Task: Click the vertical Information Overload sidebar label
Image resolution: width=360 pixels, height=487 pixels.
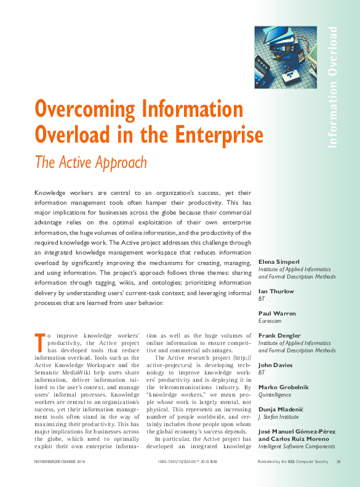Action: coord(333,87)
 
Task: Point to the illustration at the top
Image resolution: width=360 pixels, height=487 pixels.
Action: coord(286,57)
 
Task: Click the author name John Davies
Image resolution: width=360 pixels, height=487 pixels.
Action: coord(276,365)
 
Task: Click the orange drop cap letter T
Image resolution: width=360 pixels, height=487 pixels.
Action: coord(39,339)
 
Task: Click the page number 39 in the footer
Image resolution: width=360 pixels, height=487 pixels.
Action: coord(338,461)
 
